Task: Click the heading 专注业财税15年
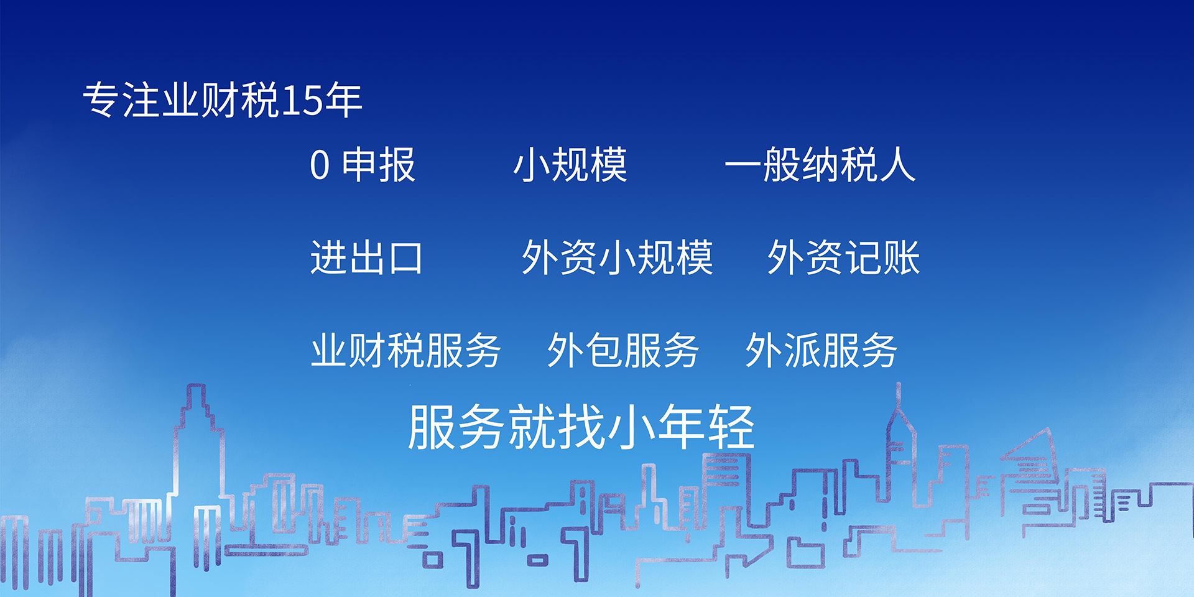click(222, 100)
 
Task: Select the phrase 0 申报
click(363, 165)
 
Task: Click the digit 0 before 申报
click(320, 165)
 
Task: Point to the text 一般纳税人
click(820, 165)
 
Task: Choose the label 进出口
click(367, 257)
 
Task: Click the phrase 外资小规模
click(617, 257)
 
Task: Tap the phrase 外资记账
click(843, 257)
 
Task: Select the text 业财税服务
click(405, 350)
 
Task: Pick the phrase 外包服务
click(623, 350)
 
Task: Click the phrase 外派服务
click(821, 350)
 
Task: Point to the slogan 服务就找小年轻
click(581, 427)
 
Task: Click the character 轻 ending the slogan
click(731, 427)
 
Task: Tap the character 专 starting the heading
click(101, 100)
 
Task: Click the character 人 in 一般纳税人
click(897, 165)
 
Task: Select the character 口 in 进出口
click(405, 258)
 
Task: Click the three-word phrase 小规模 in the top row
click(570, 165)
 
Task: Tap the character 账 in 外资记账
click(901, 257)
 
